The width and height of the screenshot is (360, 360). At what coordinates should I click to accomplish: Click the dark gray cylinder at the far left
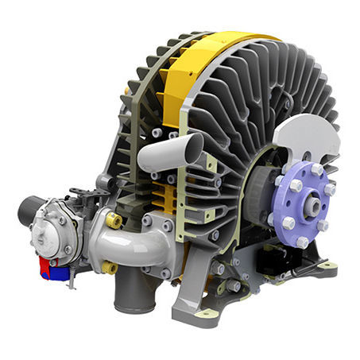pyautogui.click(x=30, y=211)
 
